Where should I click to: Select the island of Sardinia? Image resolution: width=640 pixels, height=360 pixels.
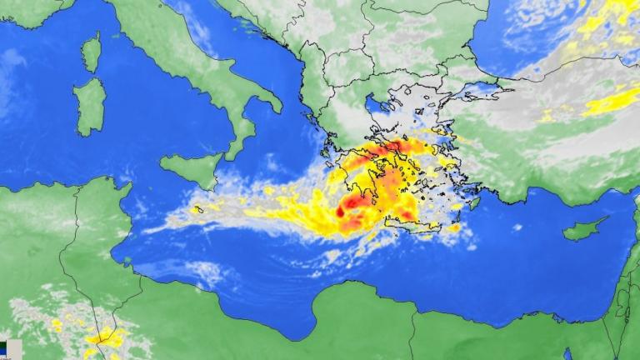89,107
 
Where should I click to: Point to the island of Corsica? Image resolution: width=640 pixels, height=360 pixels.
91,52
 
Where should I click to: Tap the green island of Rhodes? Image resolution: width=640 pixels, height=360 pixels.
474,202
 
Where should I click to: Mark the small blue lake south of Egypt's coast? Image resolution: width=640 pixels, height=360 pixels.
567,354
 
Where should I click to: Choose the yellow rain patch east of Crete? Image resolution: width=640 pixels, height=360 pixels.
455,227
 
